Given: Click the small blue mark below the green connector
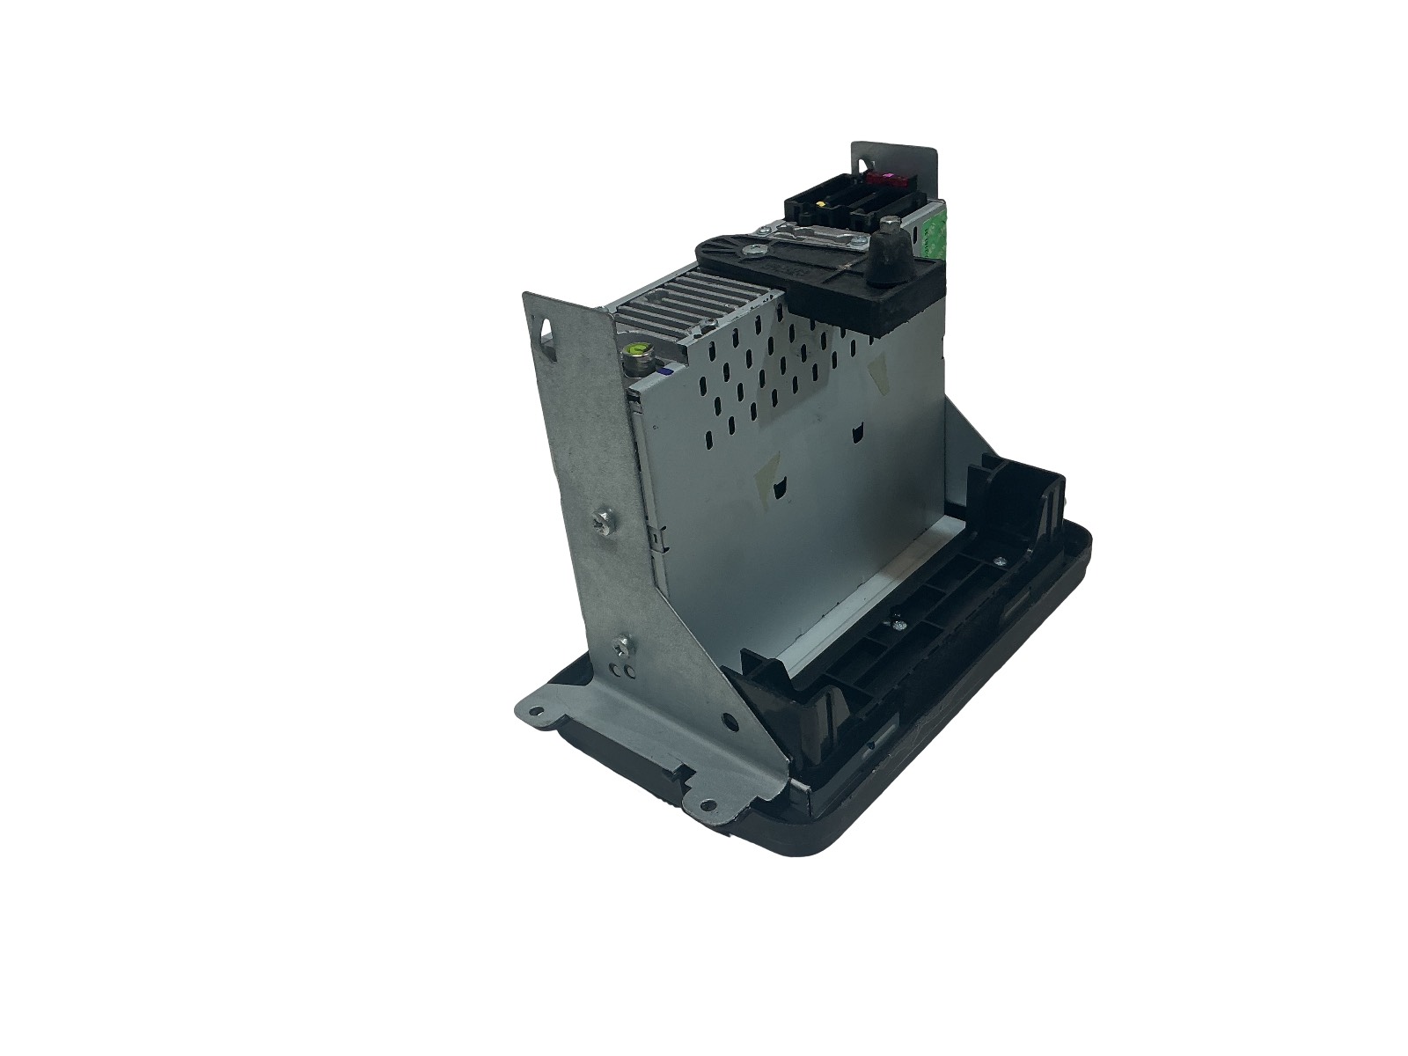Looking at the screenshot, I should (668, 373).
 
